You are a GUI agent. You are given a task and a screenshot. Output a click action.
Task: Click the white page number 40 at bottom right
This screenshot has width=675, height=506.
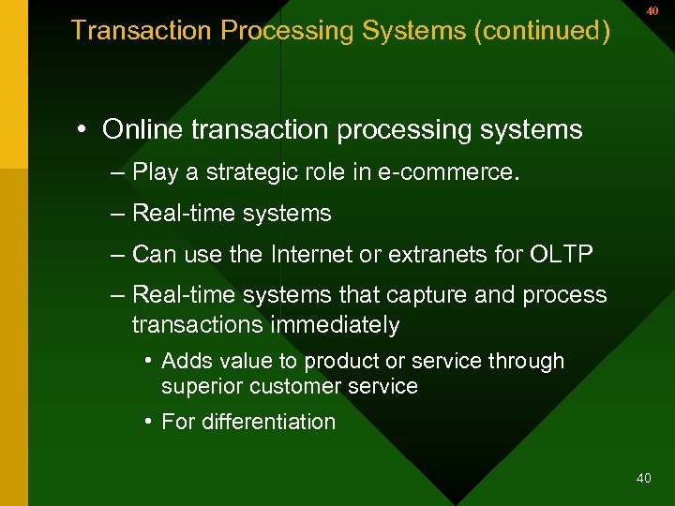coord(643,478)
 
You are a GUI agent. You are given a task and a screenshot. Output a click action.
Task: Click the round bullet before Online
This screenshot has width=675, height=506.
coord(84,129)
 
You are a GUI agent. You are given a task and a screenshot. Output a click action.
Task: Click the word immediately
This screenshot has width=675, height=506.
coord(335,325)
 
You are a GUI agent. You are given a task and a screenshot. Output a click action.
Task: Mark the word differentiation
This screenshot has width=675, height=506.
coord(269,422)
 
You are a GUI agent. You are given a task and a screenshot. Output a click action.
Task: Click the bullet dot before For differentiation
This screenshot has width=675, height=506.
coord(149,422)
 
